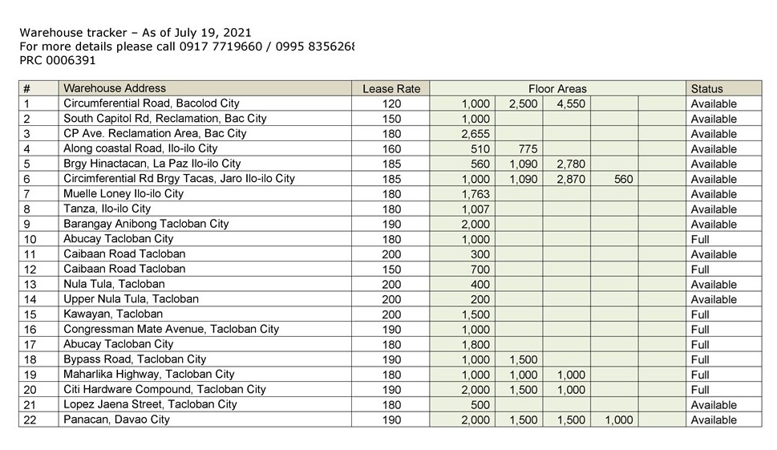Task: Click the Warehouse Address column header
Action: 115,88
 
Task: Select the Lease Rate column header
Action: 391,89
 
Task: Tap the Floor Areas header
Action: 557,89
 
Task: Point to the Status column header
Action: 706,89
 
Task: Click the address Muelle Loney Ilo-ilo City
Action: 123,194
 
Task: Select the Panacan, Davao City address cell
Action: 116,420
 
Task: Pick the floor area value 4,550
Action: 570,104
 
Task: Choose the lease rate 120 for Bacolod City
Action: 391,104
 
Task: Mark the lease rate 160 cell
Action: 391,149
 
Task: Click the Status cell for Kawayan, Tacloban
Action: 700,314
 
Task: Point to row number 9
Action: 28,224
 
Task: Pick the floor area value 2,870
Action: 570,180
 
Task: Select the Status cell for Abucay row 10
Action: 700,239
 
